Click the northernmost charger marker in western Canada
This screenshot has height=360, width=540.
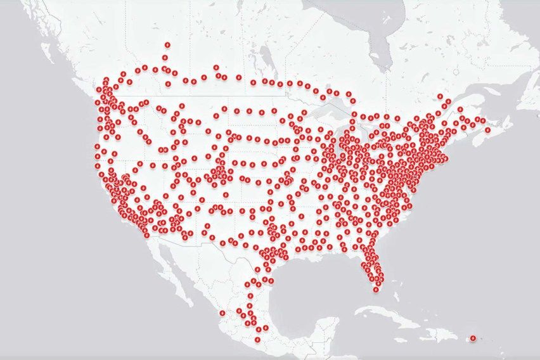pyautogui.click(x=167, y=45)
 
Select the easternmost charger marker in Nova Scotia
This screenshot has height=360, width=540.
pyautogui.click(x=488, y=130)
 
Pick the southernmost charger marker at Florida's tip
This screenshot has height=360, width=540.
pyautogui.click(x=376, y=289)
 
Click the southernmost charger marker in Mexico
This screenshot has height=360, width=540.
pyautogui.click(x=257, y=339)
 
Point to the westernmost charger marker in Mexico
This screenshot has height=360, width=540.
pyautogui.click(x=222, y=312)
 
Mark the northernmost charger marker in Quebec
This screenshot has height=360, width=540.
pyautogui.click(x=441, y=96)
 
